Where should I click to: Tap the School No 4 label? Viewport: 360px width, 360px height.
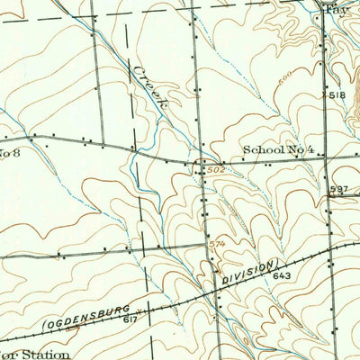pyautogui.click(x=276, y=150)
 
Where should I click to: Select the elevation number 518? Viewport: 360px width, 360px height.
pyautogui.click(x=337, y=94)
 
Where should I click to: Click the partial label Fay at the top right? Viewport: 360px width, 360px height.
pyautogui.click(x=335, y=8)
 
